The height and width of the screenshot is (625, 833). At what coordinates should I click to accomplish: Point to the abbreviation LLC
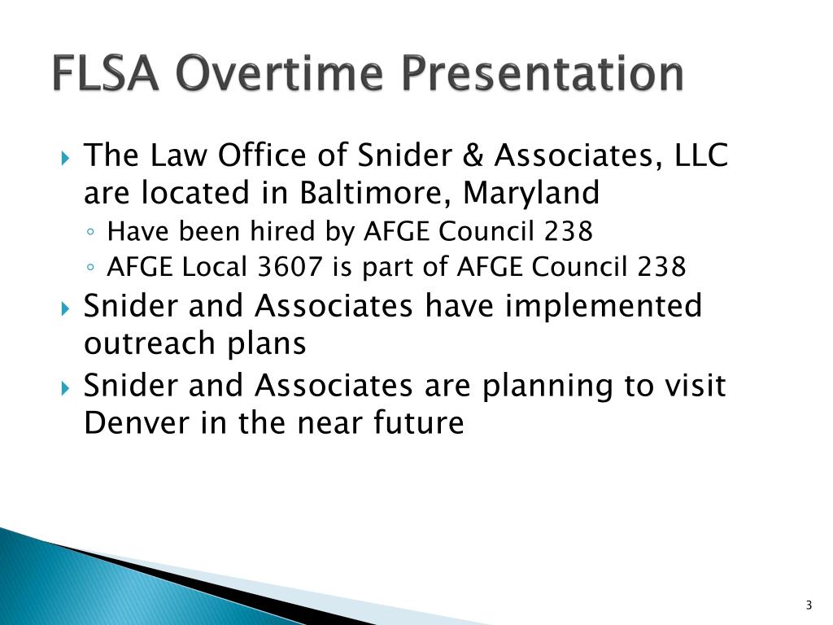(x=701, y=155)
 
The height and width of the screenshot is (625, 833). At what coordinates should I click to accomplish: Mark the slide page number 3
(x=809, y=605)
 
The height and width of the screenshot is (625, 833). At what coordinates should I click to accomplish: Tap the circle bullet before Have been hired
(x=94, y=234)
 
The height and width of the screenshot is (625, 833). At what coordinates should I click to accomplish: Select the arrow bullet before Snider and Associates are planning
(x=67, y=387)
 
